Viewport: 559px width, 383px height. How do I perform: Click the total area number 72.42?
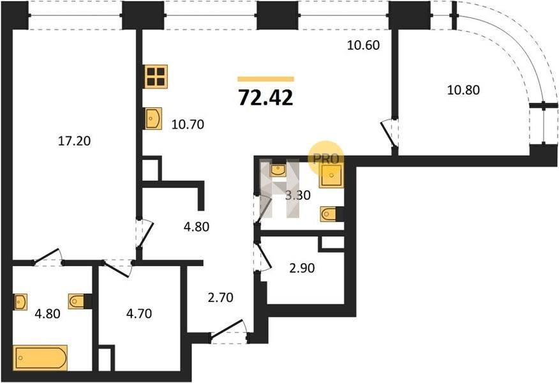tap(265, 98)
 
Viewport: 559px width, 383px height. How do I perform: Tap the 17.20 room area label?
tap(74, 141)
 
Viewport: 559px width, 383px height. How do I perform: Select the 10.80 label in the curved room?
tap(463, 90)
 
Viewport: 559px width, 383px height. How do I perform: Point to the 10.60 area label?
tap(363, 45)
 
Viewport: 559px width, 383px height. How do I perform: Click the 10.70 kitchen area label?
tap(188, 124)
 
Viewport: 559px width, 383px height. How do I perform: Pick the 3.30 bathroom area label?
tap(297, 195)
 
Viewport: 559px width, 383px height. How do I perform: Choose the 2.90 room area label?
tap(302, 268)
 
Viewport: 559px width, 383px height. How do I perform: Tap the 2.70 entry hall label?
tap(220, 297)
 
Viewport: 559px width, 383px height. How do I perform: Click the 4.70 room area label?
tap(139, 314)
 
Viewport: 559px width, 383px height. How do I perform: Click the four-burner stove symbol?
tap(156, 77)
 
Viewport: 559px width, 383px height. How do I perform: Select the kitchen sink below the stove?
tap(153, 118)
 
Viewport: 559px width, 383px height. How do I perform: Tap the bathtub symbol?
tap(40, 357)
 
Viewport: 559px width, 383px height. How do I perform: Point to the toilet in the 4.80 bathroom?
tap(76, 301)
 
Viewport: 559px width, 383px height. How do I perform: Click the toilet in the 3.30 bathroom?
tap(328, 214)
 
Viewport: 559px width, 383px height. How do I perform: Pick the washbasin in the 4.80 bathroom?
tap(21, 302)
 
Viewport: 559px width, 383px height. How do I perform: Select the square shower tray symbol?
tap(332, 176)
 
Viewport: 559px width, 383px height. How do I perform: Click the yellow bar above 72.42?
tap(266, 79)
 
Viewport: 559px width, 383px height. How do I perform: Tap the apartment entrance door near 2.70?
tap(229, 332)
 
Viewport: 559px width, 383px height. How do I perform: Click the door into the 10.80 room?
tap(389, 133)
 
